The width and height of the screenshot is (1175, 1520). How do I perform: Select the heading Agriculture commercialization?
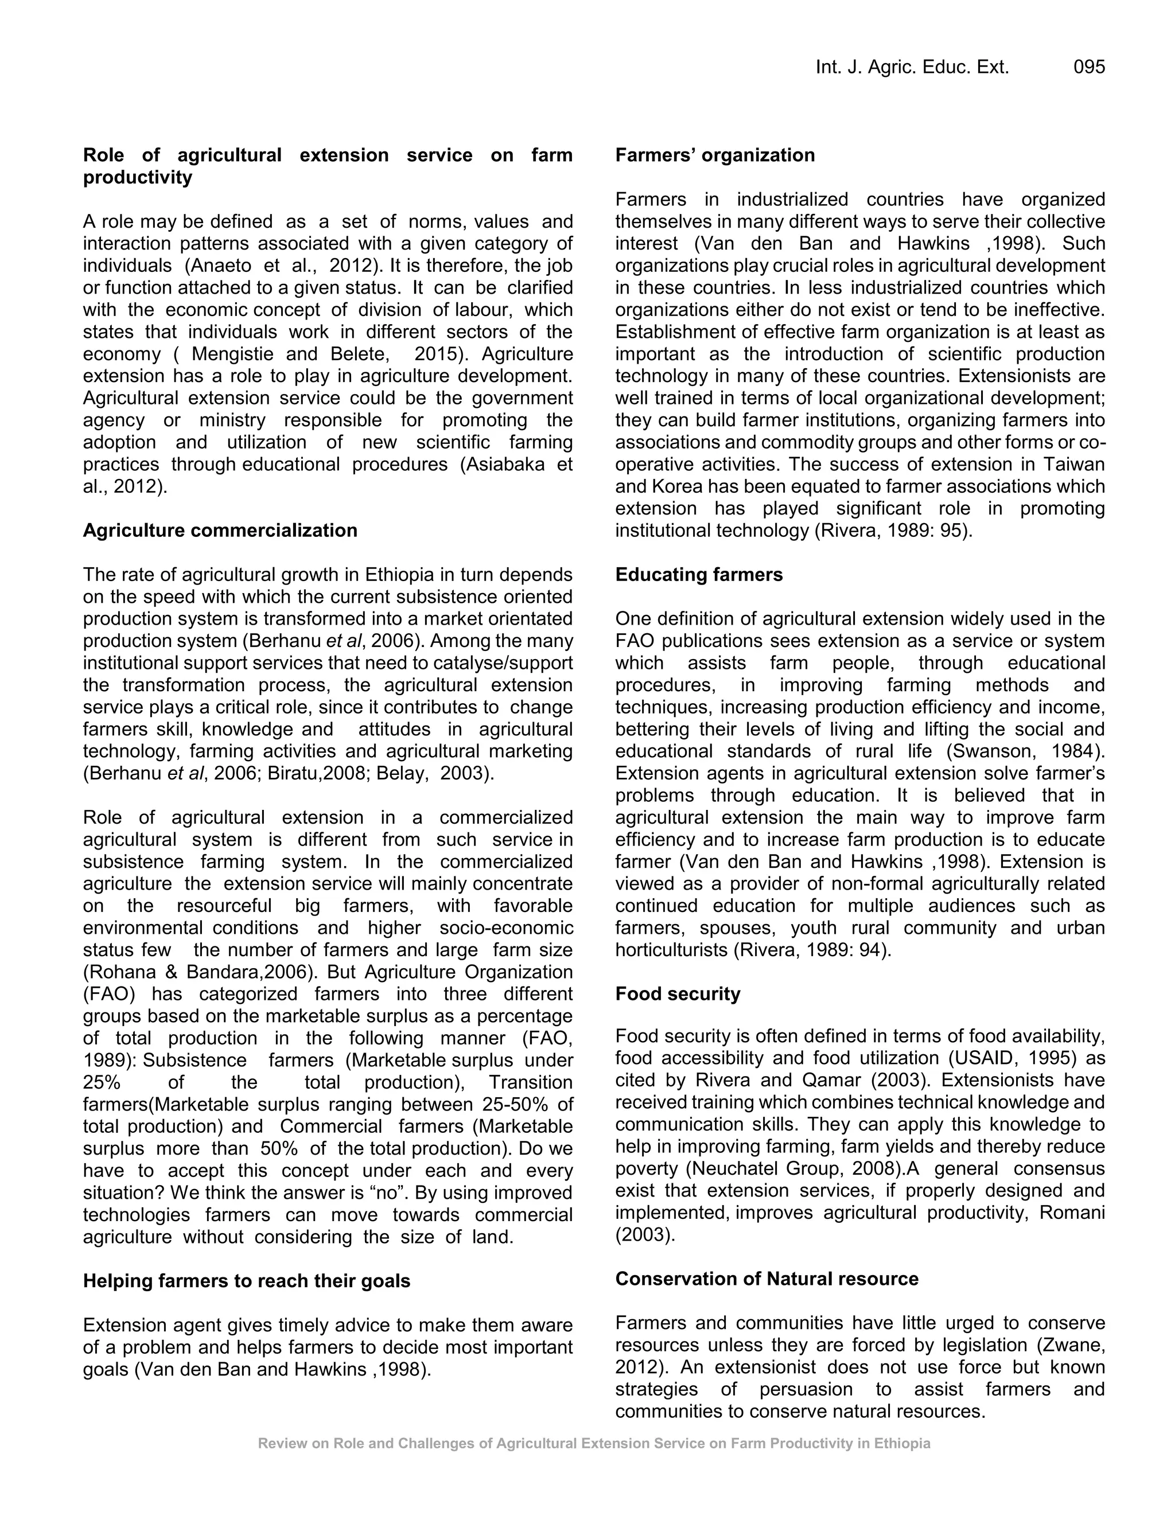(220, 531)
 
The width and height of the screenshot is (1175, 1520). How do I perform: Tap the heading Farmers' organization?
(715, 155)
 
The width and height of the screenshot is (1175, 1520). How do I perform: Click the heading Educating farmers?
(699, 575)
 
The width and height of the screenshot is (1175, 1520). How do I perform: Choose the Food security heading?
(678, 994)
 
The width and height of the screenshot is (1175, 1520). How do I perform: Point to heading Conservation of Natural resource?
(767, 1279)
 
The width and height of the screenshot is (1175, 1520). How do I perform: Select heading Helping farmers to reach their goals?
(246, 1281)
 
